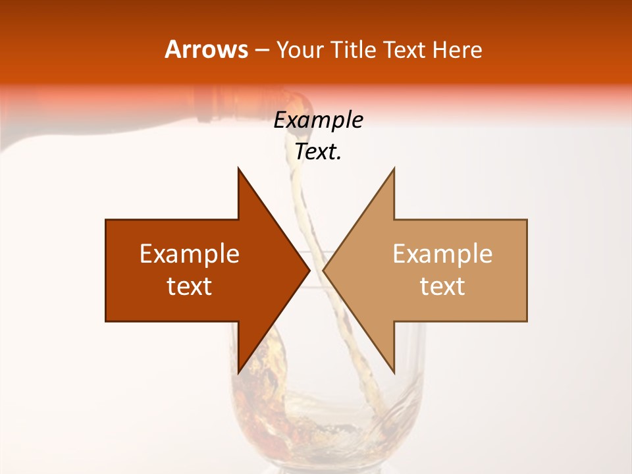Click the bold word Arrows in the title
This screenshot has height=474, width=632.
click(x=206, y=49)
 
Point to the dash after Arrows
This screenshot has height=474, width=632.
click(x=262, y=51)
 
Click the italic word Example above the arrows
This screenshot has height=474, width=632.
click(x=318, y=120)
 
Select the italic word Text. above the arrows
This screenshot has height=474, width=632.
click(x=318, y=152)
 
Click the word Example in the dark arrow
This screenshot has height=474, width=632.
click(x=190, y=254)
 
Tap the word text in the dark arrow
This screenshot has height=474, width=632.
click(x=190, y=286)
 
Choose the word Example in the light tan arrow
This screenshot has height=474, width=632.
click(x=442, y=254)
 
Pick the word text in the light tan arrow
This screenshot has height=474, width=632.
click(x=442, y=286)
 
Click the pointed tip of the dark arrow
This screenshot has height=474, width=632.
click(x=309, y=270)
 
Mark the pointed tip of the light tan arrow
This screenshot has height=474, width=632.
click(x=323, y=270)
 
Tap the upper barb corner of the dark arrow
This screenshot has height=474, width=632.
click(x=238, y=169)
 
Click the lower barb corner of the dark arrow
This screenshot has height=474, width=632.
click(x=238, y=373)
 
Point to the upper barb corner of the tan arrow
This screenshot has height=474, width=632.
click(x=394, y=169)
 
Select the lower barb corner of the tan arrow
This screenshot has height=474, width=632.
click(x=394, y=373)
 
